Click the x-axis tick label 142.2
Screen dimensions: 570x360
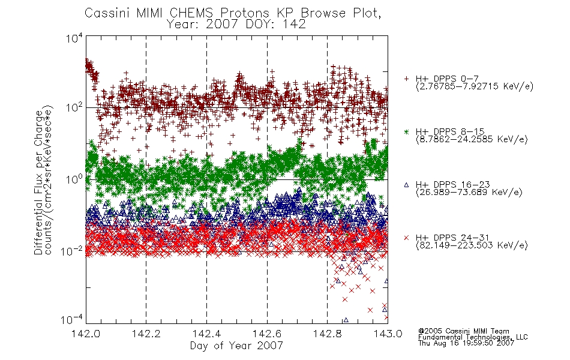(146, 334)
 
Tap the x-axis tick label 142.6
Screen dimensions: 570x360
(267, 334)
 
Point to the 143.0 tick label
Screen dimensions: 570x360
(388, 334)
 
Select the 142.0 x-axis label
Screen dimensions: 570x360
(86, 334)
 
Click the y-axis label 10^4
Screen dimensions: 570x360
(74, 38)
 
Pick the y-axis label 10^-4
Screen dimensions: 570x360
(72, 319)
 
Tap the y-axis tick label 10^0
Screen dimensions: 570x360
(74, 179)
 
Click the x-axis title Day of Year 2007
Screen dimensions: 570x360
(236, 346)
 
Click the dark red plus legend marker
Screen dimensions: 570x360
(406, 79)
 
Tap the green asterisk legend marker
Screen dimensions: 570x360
(406, 132)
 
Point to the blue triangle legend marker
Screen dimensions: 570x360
(406, 185)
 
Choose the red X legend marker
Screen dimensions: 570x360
(406, 238)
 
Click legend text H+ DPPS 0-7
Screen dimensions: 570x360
(447, 79)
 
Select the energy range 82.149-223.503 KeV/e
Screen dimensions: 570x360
(472, 245)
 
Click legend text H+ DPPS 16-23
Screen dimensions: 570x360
(453, 185)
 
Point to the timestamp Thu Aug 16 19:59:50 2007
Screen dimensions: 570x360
(466, 343)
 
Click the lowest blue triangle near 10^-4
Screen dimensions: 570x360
(346, 320)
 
